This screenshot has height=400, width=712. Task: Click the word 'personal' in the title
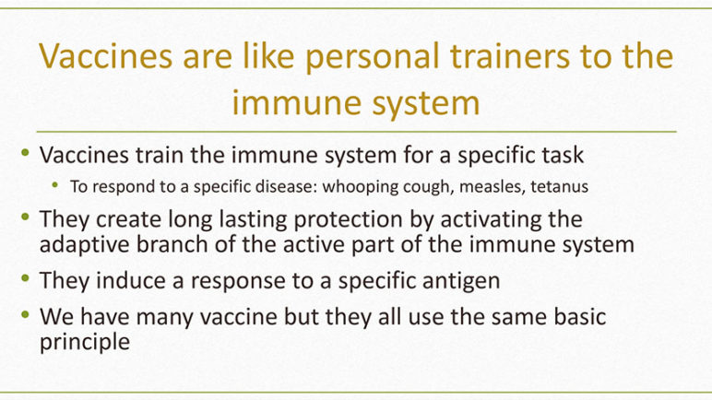373,57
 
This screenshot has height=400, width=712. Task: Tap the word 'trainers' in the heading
509,56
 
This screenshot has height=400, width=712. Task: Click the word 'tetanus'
560,186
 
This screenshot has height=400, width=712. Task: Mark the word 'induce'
131,280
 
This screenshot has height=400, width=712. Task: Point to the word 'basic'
579,316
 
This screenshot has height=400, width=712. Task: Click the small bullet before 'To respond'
55,184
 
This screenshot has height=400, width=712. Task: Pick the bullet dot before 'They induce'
25,277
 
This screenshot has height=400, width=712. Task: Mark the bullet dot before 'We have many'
25,313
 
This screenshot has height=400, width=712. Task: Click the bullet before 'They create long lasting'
25,217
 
